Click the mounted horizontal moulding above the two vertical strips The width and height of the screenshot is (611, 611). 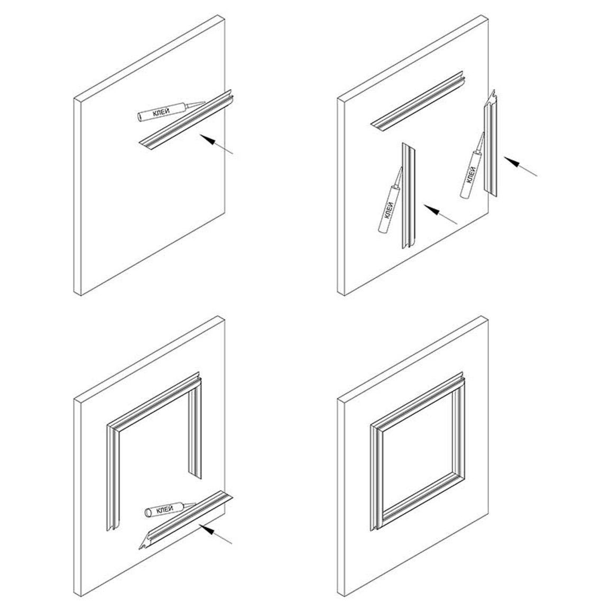[417, 101]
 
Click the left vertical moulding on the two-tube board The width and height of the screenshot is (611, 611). [409, 196]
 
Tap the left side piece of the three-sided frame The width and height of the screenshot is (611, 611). [113, 479]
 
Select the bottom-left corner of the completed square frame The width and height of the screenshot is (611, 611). [375, 527]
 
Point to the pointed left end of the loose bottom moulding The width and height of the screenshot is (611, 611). [140, 549]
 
